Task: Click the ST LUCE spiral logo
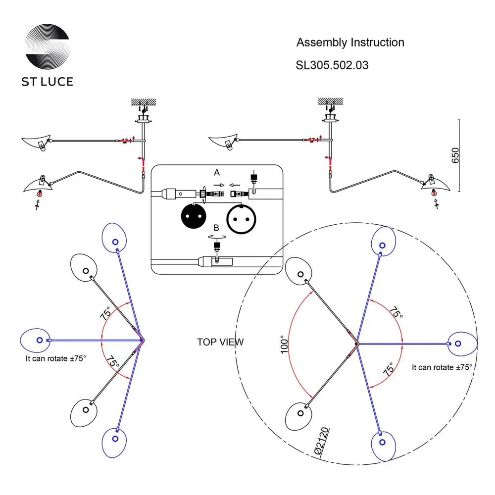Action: click(47, 47)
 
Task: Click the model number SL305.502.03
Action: click(332, 65)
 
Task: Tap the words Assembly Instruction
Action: click(350, 43)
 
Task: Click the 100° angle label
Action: click(283, 345)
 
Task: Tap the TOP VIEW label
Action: click(220, 342)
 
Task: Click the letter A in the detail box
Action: click(216, 173)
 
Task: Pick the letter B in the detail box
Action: click(216, 228)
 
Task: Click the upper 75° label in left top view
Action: click(106, 313)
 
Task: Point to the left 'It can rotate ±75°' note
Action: click(56, 359)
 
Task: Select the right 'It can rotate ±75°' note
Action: click(442, 367)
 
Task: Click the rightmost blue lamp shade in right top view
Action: click(461, 343)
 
